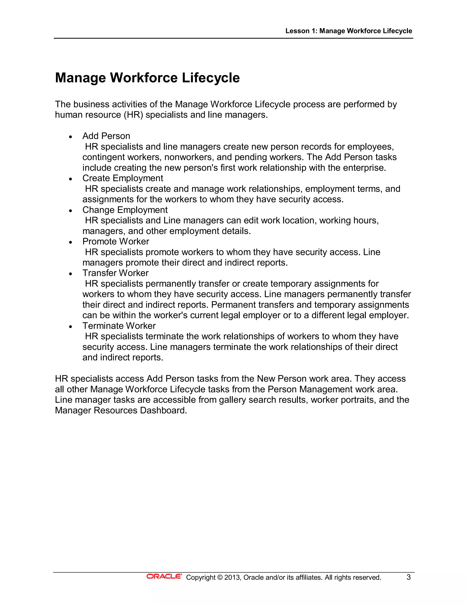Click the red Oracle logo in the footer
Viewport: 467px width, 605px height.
tap(164, 576)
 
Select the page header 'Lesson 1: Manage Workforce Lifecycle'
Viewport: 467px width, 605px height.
tap(349, 31)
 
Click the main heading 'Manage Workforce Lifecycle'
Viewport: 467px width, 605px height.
tap(147, 78)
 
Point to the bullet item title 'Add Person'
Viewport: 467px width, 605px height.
tap(106, 136)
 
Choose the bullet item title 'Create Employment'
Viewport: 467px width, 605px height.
tap(123, 178)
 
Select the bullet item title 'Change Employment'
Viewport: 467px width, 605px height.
tap(125, 210)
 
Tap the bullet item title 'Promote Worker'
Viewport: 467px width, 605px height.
tap(116, 242)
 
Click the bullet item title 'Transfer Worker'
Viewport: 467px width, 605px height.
tap(115, 273)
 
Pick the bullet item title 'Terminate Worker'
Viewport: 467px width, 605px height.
tap(119, 326)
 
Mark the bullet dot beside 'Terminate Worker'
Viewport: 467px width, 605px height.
tap(71, 327)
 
